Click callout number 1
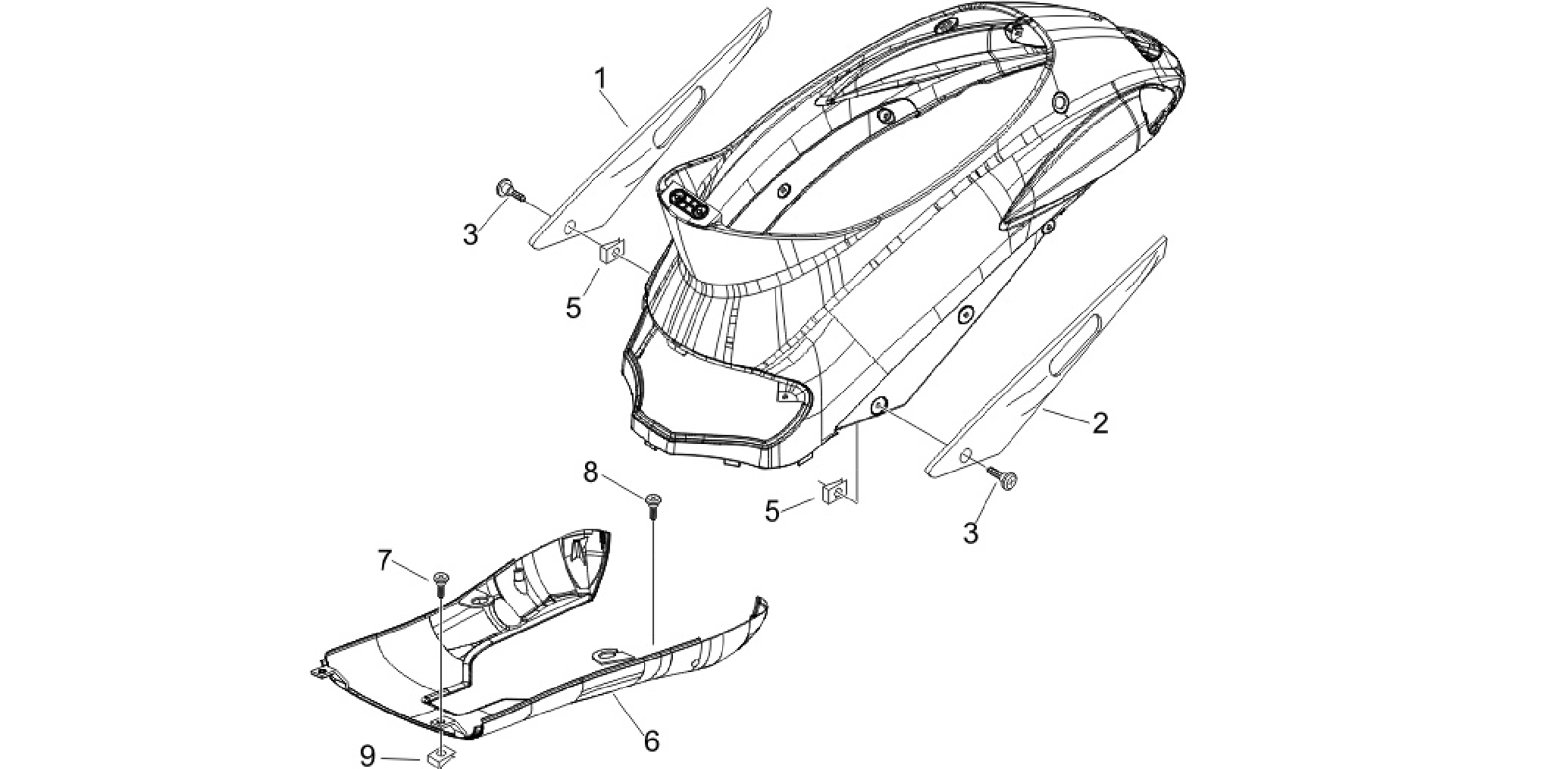[601, 78]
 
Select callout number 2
[1100, 423]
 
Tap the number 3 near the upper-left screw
[471, 234]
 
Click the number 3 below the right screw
[971, 533]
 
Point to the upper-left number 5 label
[574, 308]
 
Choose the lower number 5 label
[771, 512]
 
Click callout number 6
[652, 740]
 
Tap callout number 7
[385, 561]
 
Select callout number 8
[590, 472]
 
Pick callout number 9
[368, 755]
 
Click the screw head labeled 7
[440, 580]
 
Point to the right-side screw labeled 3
[1003, 477]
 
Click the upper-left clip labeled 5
[611, 250]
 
